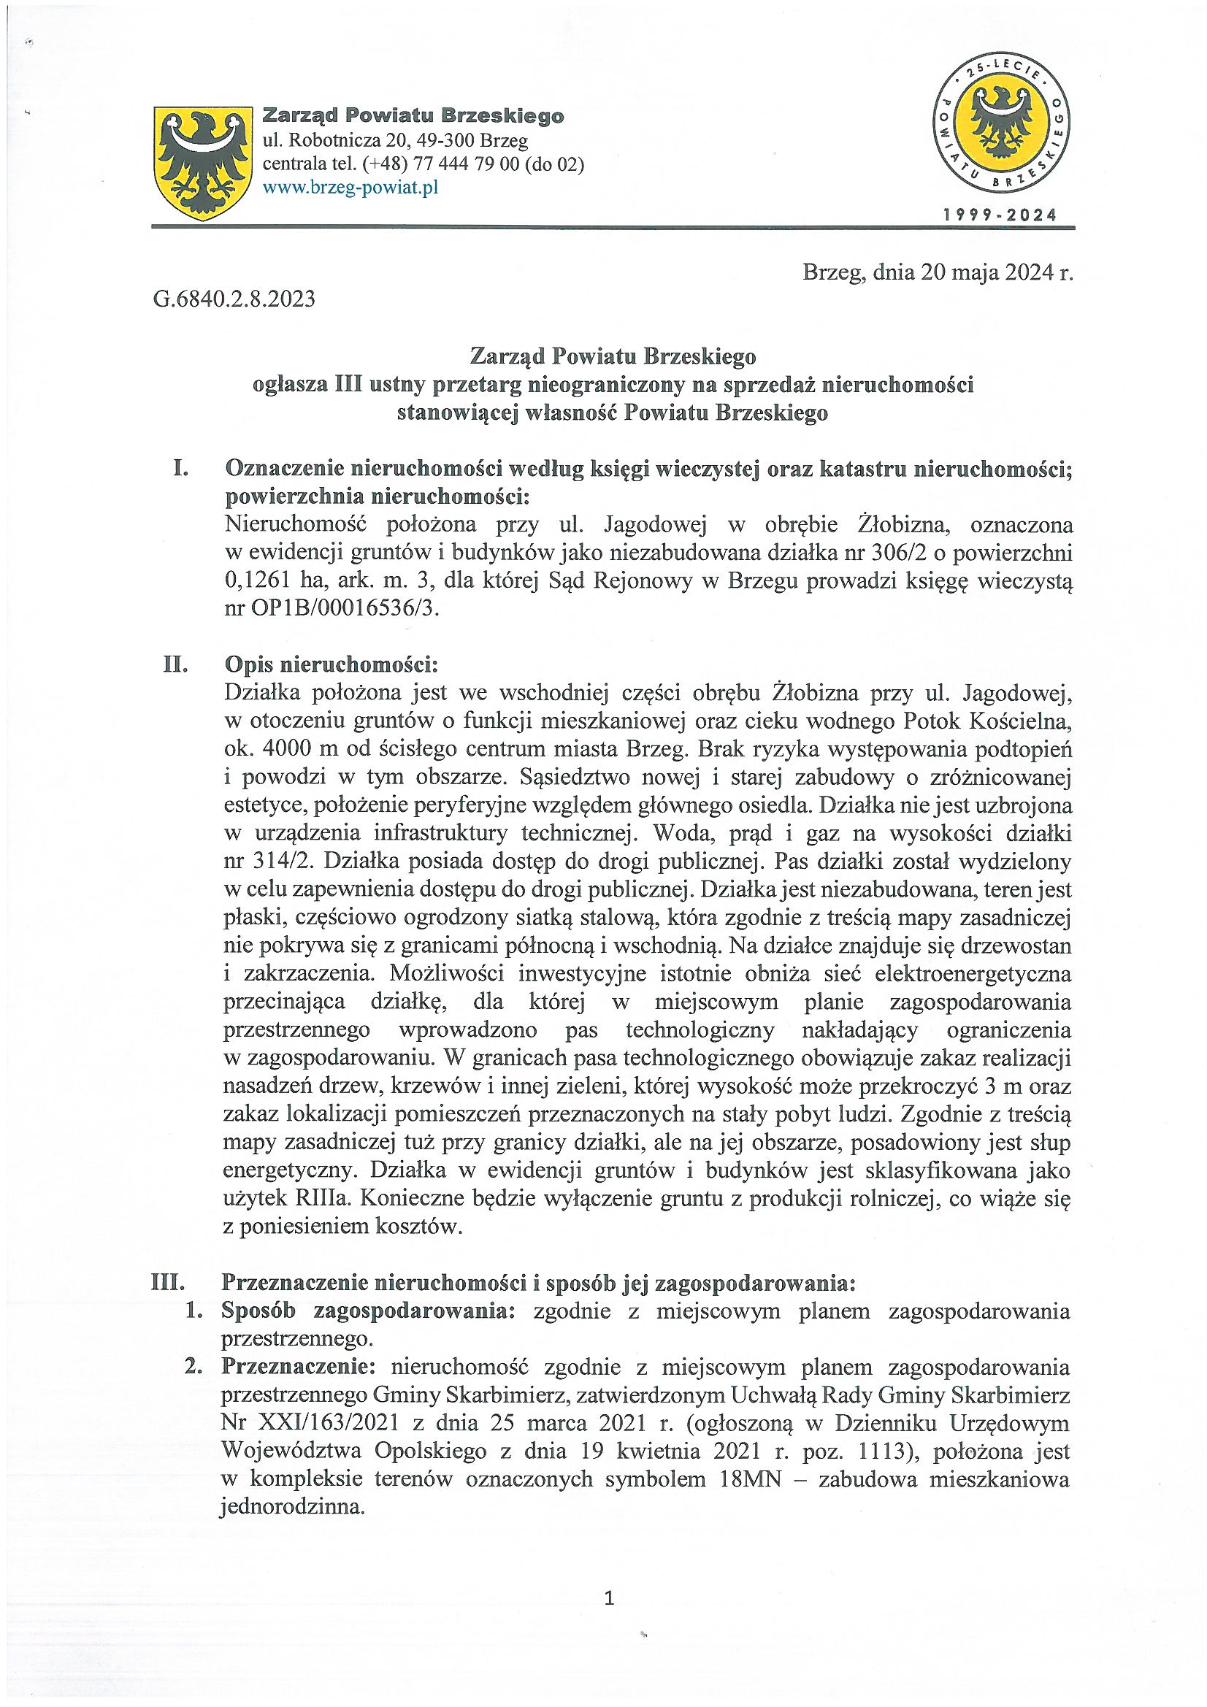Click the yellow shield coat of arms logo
[201, 163]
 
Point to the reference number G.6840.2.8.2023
[235, 299]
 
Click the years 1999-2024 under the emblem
[999, 215]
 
